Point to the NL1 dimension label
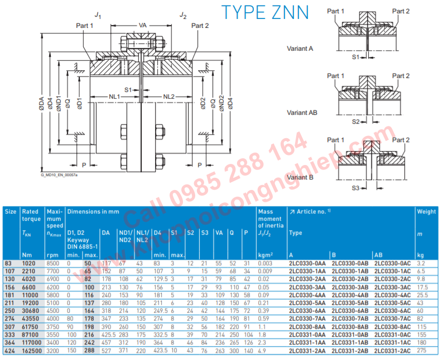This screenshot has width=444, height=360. [x=114, y=96]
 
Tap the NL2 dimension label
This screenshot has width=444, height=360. [x=169, y=96]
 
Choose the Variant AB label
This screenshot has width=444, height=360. [x=302, y=113]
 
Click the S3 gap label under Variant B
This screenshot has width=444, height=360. [x=355, y=188]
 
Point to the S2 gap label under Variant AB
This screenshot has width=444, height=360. [x=355, y=121]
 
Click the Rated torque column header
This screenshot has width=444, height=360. [x=30, y=215]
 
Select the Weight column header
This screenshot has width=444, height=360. [x=427, y=212]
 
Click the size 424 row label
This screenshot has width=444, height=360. [x=10, y=351]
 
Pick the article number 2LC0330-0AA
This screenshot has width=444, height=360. [x=307, y=262]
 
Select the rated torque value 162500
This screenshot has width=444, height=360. [x=32, y=351]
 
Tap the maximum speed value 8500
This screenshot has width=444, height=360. [x=52, y=262]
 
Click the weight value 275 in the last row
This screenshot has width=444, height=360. [x=422, y=351]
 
